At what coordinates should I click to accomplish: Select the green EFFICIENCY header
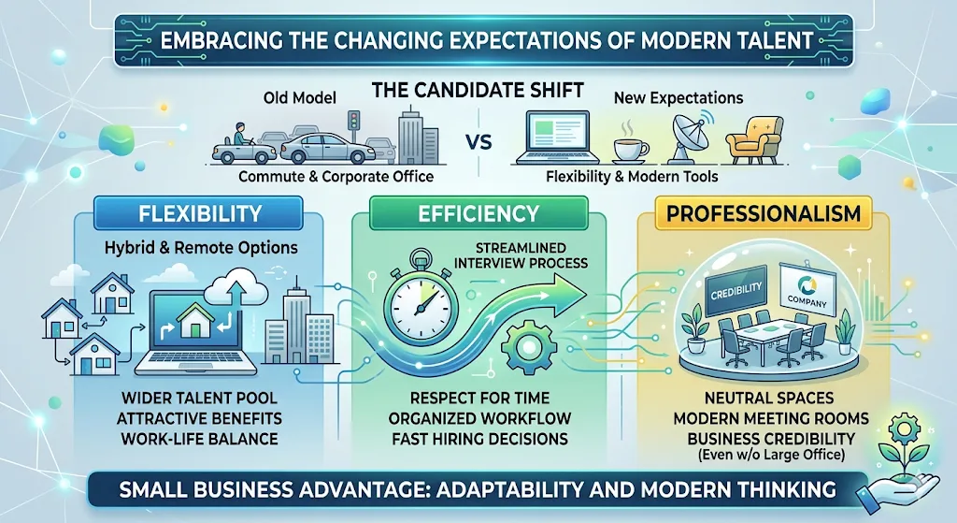478,212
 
